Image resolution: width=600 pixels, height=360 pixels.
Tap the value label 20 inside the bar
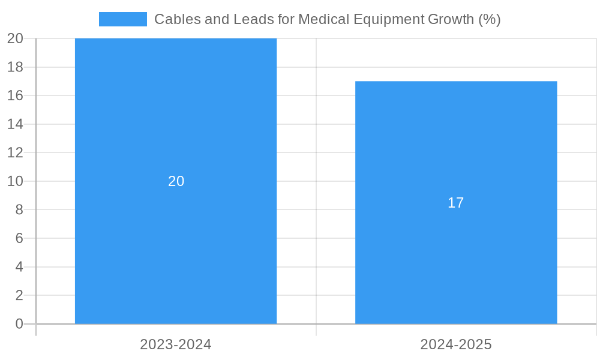pos(176,181)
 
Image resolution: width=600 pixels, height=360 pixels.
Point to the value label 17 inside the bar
pos(456,203)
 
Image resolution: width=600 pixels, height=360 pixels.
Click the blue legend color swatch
pos(123,19)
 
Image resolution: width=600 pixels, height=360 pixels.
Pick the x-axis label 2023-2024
pos(176,344)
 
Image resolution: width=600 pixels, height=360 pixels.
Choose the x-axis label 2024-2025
pos(456,344)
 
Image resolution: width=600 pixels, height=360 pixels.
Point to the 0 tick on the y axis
pos(19,324)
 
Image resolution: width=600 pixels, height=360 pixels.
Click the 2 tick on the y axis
pos(19,295)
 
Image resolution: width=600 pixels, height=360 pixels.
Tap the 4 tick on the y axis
pos(19,266)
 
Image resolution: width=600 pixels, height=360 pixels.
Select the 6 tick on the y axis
pos(19,238)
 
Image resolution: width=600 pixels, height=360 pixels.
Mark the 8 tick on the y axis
pos(19,209)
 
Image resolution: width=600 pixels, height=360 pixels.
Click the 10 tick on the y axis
pos(16,181)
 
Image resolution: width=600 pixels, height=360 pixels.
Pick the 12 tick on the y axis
pos(16,152)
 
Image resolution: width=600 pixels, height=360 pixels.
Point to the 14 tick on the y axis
pos(16,124)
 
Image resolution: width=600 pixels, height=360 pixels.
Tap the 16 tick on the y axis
pos(16,95)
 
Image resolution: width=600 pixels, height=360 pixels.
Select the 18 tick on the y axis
pos(16,67)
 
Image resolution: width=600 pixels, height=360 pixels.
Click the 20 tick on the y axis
pos(16,38)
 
